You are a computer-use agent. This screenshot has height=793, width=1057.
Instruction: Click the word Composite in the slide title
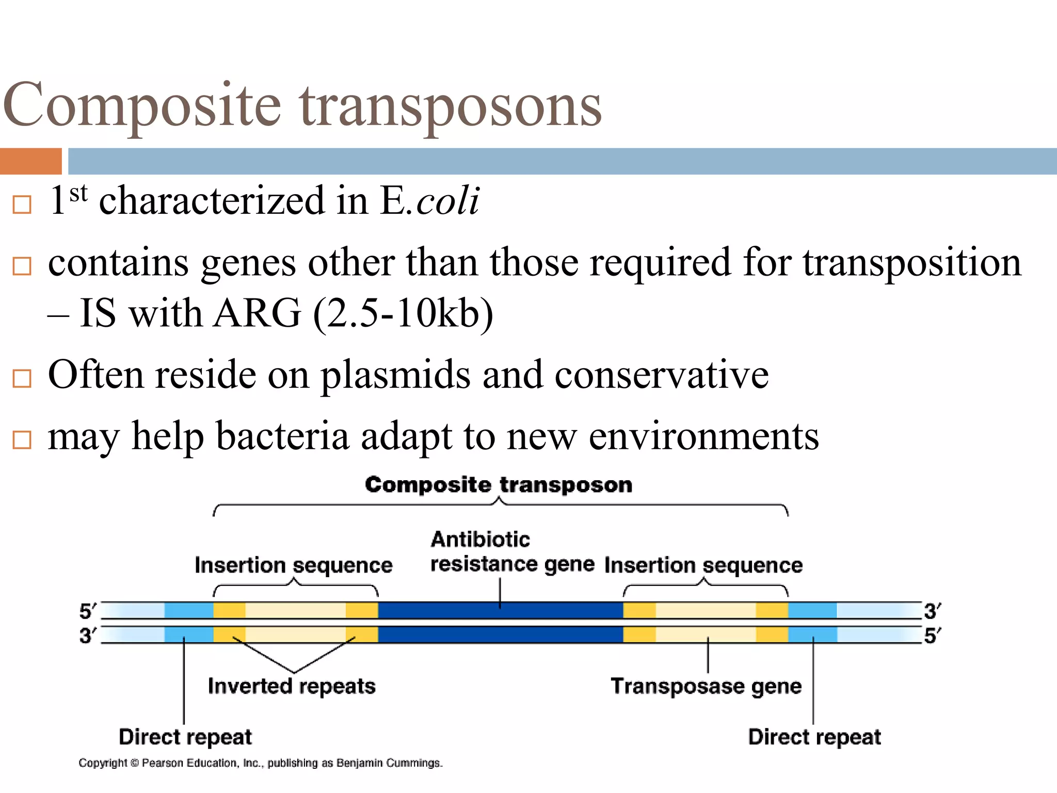pyautogui.click(x=142, y=106)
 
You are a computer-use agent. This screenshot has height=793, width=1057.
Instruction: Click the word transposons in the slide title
pyautogui.click(x=451, y=106)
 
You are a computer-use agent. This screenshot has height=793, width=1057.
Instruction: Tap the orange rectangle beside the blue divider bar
pyautogui.click(x=30, y=161)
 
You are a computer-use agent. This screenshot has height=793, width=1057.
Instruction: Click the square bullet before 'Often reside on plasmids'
pyautogui.click(x=22, y=378)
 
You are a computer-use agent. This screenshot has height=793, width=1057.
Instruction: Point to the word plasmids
pyautogui.click(x=395, y=375)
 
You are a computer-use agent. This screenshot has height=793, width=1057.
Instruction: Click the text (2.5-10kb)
pyautogui.click(x=403, y=313)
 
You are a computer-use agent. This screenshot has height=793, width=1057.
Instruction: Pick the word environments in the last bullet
pyautogui.click(x=703, y=436)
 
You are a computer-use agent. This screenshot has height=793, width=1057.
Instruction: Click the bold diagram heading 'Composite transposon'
pyautogui.click(x=498, y=485)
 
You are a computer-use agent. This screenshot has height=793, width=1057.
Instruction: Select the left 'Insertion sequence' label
pyautogui.click(x=293, y=565)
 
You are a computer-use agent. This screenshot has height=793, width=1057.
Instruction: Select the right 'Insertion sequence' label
pyautogui.click(x=703, y=565)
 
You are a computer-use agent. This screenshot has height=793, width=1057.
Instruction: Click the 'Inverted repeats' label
pyautogui.click(x=292, y=686)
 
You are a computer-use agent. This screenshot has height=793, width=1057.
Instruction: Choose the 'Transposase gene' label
pyautogui.click(x=706, y=686)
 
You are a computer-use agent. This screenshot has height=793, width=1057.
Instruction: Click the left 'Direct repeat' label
pyautogui.click(x=185, y=737)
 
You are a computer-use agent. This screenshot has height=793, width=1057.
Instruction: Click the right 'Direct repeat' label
pyautogui.click(x=814, y=737)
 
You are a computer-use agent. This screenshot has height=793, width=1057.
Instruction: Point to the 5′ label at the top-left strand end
pyautogui.click(x=88, y=611)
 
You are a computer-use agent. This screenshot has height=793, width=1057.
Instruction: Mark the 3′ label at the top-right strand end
pyautogui.click(x=932, y=611)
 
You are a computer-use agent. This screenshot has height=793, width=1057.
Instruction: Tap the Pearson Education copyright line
pyautogui.click(x=261, y=763)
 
